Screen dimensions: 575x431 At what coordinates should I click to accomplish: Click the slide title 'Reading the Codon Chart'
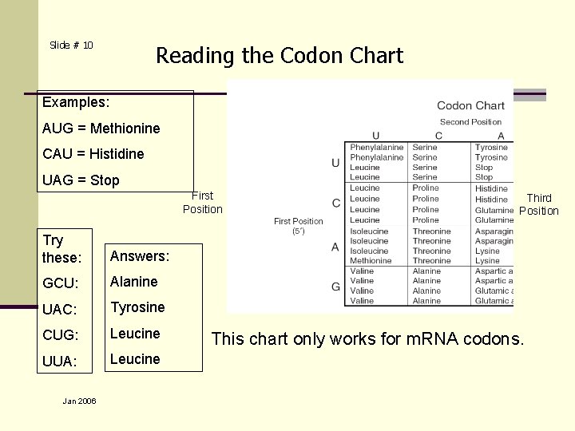point(280,56)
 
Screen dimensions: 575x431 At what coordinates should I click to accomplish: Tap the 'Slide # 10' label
point(71,45)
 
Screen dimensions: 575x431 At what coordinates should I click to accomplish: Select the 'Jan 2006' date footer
point(79,401)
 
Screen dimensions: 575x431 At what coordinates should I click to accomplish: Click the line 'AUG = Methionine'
point(101,129)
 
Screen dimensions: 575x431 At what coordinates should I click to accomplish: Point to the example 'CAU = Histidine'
point(93,154)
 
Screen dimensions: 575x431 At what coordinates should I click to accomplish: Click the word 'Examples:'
point(76,102)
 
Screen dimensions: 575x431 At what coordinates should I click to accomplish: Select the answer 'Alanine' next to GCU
point(133,282)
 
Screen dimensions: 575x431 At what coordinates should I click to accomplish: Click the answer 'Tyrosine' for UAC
point(137,307)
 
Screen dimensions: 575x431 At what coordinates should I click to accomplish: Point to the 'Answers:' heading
point(140,256)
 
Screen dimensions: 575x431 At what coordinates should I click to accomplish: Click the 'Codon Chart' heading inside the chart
point(470,105)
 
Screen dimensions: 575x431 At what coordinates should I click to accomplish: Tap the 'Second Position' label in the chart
point(470,122)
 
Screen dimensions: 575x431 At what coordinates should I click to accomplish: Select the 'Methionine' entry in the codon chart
point(371,261)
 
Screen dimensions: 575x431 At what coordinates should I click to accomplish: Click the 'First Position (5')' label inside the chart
point(298,226)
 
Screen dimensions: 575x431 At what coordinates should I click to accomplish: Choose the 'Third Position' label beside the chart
point(539,204)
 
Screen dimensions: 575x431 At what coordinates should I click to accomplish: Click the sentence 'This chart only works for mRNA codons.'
point(368,339)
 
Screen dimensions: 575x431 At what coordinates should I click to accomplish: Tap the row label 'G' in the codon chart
point(335,287)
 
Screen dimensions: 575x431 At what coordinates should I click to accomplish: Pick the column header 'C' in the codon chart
point(438,136)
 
